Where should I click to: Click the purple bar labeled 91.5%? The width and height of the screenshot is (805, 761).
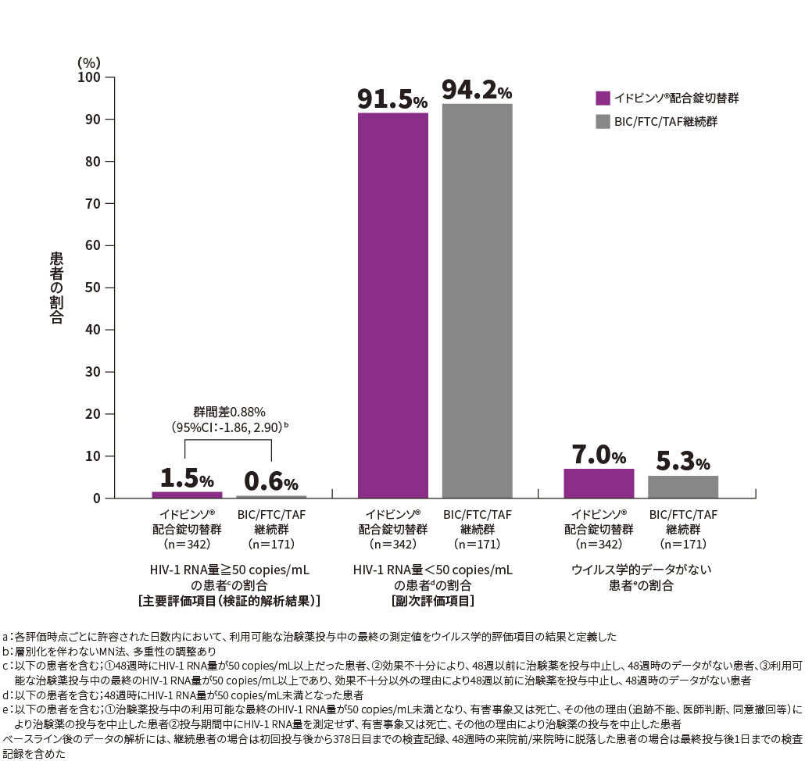[392, 305]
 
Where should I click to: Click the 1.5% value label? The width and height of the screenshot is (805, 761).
[187, 479]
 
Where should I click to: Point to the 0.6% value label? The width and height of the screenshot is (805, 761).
[270, 483]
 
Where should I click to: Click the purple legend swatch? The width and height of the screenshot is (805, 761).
[603, 98]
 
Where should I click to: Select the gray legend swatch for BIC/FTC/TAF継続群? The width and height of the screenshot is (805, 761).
[603, 121]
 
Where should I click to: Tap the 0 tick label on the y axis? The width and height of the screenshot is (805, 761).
[98, 498]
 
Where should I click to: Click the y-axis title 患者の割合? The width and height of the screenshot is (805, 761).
[56, 288]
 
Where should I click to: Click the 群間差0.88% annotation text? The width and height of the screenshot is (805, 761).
[230, 411]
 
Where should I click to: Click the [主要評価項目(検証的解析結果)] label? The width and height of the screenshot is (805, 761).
[229, 601]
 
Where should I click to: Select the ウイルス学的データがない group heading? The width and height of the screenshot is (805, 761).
[640, 570]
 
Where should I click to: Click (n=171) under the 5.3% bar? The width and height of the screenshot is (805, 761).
[682, 544]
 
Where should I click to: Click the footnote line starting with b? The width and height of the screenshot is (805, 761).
[109, 650]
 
